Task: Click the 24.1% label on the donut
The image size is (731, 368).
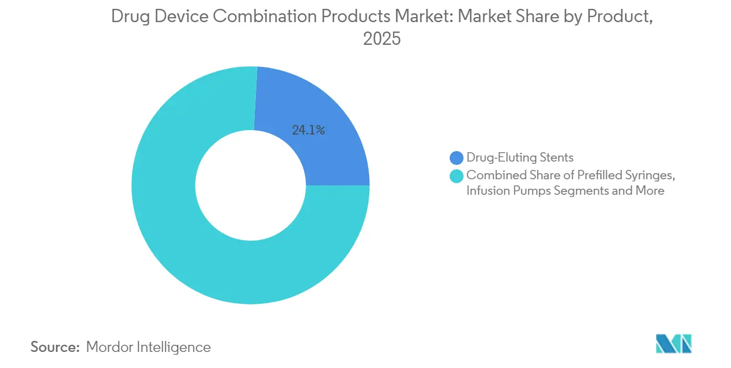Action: (x=308, y=131)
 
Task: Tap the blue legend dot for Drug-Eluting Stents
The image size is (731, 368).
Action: (x=457, y=158)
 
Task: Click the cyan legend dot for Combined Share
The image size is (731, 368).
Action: (x=457, y=176)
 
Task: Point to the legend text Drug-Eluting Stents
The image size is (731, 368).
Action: (x=519, y=158)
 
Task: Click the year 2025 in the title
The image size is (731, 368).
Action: (x=382, y=39)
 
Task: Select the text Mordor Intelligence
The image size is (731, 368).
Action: (x=148, y=347)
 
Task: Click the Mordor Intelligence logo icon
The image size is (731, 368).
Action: (x=673, y=344)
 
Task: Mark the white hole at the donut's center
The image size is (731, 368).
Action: (x=250, y=185)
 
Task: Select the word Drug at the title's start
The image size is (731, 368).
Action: (x=130, y=17)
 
